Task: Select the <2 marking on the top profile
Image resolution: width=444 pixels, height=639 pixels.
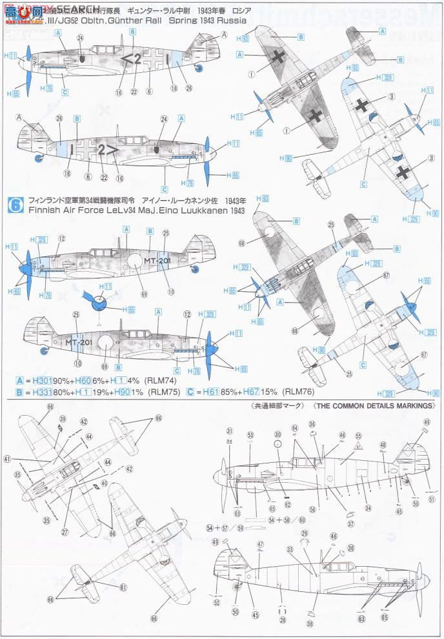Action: [133, 61]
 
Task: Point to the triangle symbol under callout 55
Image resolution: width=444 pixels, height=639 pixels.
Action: [358, 445]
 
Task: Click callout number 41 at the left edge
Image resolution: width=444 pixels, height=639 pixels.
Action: [7, 459]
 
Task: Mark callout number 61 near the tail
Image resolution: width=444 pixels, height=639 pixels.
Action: [123, 587]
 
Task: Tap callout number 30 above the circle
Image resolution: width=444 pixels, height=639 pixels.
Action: [277, 434]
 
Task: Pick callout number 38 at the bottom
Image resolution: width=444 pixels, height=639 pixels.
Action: [310, 625]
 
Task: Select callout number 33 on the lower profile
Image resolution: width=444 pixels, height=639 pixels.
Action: [290, 549]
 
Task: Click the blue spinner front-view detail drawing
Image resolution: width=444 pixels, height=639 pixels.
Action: [97, 300]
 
